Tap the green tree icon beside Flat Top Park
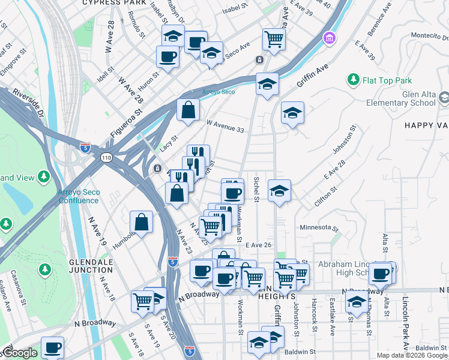[354, 80]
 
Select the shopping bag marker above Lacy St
[188, 110]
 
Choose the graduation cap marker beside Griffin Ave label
[267, 83]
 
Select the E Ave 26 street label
[258, 245]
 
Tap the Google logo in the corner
[20, 353]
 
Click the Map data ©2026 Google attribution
[412, 355]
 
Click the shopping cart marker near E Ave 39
[274, 39]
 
